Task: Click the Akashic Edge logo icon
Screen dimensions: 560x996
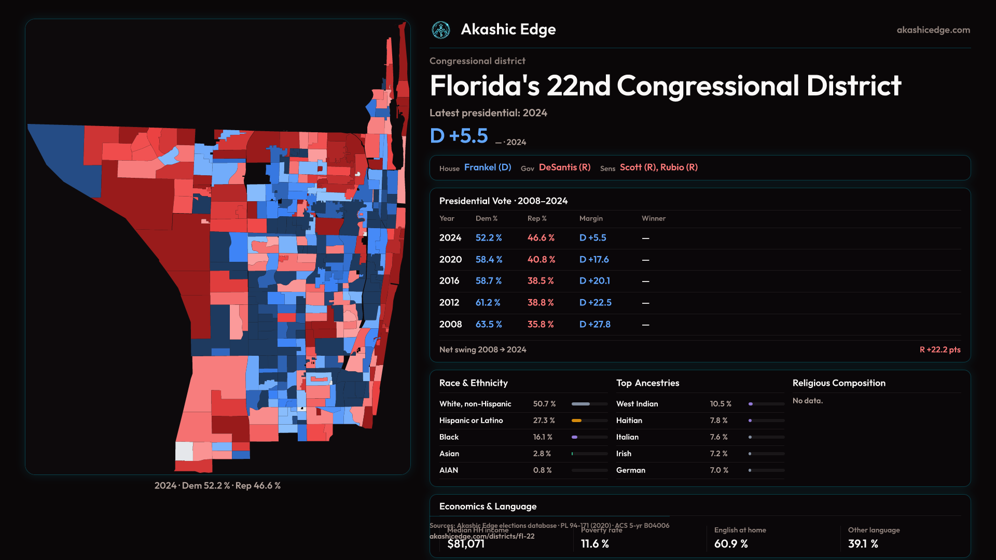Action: click(441, 30)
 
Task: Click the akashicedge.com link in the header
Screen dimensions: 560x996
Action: click(933, 30)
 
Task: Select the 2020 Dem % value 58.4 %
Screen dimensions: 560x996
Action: click(488, 259)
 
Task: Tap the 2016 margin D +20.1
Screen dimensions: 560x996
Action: click(594, 281)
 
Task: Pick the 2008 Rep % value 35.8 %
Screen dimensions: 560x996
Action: click(541, 325)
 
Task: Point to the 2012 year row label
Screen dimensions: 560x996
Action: click(449, 303)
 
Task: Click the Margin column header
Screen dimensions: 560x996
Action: click(591, 219)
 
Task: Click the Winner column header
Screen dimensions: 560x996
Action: click(653, 219)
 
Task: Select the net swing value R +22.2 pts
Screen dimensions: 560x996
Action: click(939, 350)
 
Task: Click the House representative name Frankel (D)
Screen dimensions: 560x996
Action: click(488, 167)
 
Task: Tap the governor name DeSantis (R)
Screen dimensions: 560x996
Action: click(564, 167)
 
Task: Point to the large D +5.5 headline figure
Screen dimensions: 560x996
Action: click(459, 136)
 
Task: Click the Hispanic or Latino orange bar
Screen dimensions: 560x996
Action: click(576, 421)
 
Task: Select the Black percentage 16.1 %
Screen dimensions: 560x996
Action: click(543, 437)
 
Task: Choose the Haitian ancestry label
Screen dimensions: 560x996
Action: click(629, 421)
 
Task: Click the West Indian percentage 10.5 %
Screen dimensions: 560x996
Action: click(721, 404)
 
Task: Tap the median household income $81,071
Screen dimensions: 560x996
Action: click(466, 544)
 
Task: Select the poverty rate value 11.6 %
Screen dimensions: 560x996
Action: click(594, 544)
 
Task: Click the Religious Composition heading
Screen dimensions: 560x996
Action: click(839, 383)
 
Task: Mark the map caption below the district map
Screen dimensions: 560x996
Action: click(217, 486)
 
